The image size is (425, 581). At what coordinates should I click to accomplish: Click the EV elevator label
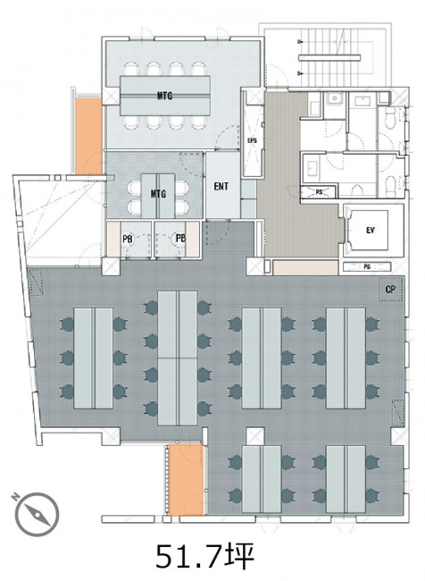coord(371,231)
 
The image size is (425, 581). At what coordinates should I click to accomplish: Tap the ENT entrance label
coord(221,186)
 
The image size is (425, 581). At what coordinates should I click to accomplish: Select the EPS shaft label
coord(252,141)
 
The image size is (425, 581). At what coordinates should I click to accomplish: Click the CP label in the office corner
coord(390,290)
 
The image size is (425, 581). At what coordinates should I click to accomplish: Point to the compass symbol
coord(37,514)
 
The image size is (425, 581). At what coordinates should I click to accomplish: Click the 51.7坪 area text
coord(204,557)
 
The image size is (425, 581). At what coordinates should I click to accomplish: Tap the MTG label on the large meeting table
coord(165,96)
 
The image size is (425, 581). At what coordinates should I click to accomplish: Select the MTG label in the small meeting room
coord(158,193)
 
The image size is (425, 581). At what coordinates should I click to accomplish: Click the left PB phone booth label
coord(128,240)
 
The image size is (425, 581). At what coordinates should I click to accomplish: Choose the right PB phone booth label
coord(180,239)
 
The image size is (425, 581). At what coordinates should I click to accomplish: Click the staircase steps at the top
coord(329,55)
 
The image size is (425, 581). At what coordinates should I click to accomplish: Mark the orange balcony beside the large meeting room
coord(88,136)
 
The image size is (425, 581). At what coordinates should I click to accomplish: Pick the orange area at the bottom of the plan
coord(186,479)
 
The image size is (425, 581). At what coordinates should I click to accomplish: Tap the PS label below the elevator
coord(367,266)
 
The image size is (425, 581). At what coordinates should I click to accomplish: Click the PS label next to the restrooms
coord(319,192)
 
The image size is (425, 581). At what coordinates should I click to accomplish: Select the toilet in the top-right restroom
coord(390,118)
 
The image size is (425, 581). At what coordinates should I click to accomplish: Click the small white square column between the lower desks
coord(255,436)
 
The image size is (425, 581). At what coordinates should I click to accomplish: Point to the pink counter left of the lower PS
coord(305,267)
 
